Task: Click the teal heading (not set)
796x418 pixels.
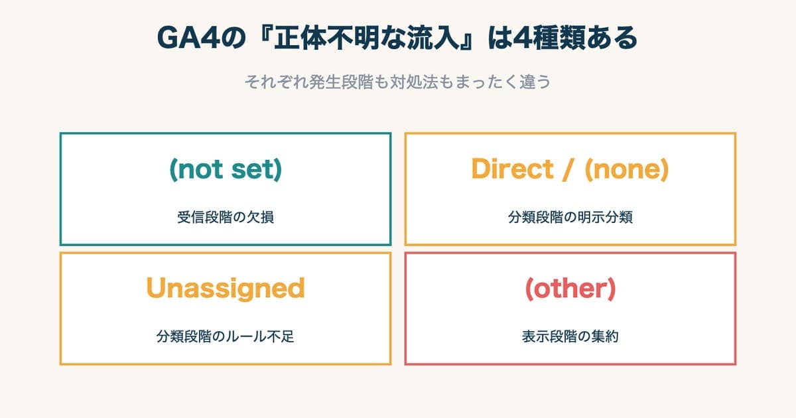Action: tap(226, 170)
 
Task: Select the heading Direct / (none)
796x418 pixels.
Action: tap(570, 170)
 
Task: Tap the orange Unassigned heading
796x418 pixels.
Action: tap(226, 289)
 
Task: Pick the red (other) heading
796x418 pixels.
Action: tap(570, 289)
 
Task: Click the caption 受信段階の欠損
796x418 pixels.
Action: tap(226, 217)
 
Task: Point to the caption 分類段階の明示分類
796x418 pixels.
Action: tap(570, 217)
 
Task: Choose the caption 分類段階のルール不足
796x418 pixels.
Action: tap(226, 336)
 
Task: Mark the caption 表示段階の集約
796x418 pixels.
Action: tap(570, 336)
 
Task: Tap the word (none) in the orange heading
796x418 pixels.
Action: tap(626, 170)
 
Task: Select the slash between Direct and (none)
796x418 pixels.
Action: tap(569, 170)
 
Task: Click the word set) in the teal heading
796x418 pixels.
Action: tap(256, 170)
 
